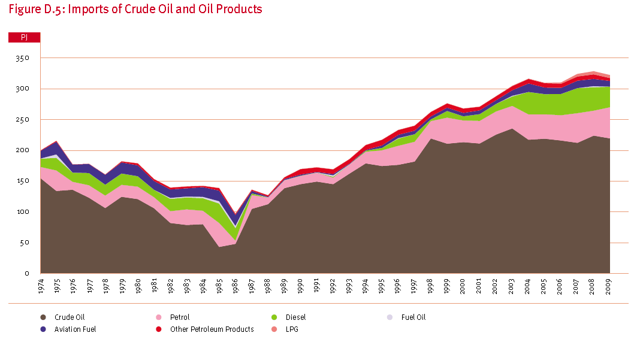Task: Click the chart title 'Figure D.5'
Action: click(134, 9)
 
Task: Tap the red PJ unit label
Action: click(24, 37)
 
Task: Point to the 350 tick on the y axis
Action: click(23, 58)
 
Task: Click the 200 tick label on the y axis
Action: click(23, 150)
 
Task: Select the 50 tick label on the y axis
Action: click(25, 243)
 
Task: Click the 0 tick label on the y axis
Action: click(27, 273)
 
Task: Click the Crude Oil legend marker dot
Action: click(43, 317)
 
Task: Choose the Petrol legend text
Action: click(180, 317)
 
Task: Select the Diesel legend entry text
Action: click(295, 317)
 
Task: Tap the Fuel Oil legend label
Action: click(413, 317)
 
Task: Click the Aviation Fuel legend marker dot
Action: click(43, 329)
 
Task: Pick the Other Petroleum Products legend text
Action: click(212, 329)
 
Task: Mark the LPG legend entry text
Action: click(292, 329)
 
